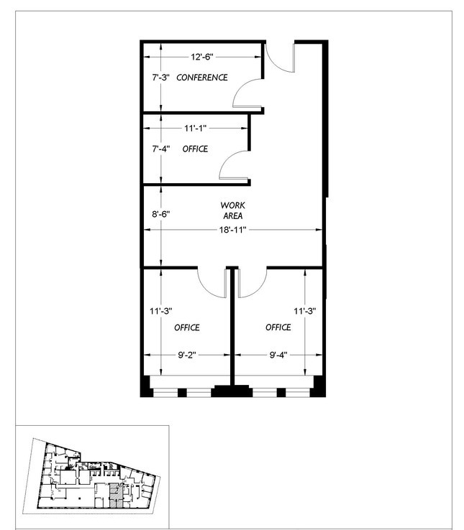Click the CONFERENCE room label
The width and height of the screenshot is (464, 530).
(202, 78)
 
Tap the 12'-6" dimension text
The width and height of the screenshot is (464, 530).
(202, 57)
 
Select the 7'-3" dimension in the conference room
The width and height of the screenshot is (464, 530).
(160, 78)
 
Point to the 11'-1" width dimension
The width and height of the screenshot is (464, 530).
(196, 128)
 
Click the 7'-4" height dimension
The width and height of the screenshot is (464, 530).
(160, 149)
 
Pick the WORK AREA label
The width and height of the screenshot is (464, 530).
(232, 210)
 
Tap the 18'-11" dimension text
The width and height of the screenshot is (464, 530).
(232, 230)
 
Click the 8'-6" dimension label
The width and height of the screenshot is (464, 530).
(160, 214)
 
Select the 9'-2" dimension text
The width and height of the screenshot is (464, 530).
(187, 355)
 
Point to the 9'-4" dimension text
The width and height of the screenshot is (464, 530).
(278, 355)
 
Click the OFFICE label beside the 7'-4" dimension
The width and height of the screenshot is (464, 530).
(195, 149)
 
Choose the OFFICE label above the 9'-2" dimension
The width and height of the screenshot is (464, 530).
(187, 327)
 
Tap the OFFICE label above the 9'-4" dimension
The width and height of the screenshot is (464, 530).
(278, 327)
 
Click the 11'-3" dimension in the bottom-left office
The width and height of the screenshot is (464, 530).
(161, 311)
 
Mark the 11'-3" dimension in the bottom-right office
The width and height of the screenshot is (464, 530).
(305, 311)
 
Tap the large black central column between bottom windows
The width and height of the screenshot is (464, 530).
(232, 391)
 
